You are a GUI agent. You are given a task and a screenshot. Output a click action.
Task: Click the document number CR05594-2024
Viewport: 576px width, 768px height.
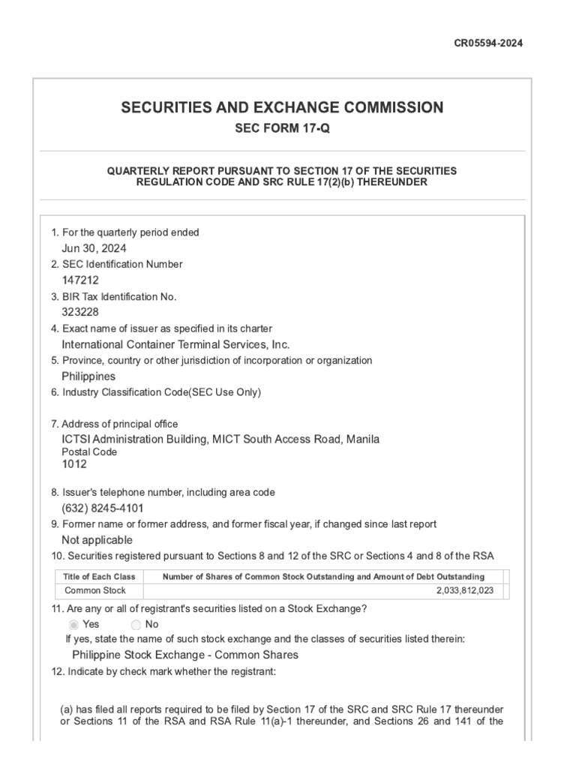(x=488, y=43)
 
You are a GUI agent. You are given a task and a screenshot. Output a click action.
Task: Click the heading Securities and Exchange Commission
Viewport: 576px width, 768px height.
(x=282, y=107)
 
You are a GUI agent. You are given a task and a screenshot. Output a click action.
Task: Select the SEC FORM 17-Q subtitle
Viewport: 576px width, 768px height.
(x=282, y=128)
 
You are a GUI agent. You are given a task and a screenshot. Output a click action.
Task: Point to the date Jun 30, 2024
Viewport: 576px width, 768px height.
(x=94, y=248)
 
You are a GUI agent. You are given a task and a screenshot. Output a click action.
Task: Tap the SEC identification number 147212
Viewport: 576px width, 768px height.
(x=79, y=280)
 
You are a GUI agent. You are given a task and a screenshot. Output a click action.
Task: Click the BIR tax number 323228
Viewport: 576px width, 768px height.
(x=79, y=312)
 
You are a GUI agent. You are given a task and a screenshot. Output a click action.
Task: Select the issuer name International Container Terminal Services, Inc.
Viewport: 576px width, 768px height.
(x=175, y=344)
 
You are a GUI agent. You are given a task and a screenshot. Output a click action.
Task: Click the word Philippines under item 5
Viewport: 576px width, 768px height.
(x=88, y=376)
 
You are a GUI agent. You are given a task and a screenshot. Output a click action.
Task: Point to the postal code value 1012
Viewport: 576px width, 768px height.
(x=73, y=464)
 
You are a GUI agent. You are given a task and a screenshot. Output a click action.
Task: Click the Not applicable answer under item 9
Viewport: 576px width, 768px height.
(x=97, y=540)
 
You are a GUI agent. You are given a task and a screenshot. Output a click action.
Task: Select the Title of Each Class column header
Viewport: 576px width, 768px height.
(x=99, y=576)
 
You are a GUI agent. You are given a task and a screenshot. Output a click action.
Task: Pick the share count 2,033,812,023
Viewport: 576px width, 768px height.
(x=465, y=591)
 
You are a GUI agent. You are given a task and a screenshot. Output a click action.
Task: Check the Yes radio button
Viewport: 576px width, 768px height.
(x=73, y=625)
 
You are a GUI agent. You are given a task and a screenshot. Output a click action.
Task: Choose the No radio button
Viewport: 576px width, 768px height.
(x=136, y=625)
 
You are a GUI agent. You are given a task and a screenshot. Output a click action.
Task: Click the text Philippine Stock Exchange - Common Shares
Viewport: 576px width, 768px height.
(x=184, y=655)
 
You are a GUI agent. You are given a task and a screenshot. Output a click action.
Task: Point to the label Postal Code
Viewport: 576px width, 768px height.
(x=88, y=452)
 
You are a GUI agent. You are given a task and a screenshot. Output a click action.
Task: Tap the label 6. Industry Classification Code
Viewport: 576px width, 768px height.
(x=156, y=392)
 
